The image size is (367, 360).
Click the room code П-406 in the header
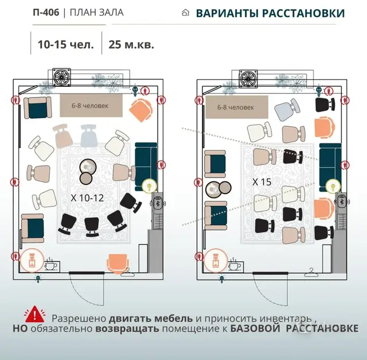46,13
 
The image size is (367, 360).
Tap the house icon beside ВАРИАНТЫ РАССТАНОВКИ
185,13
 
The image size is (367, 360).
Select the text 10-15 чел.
66,44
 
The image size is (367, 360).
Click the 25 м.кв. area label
131,44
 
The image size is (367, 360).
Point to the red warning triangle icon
34,314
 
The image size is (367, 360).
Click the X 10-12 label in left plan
87,198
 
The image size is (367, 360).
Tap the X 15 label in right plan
262,182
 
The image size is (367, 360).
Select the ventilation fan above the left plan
61,77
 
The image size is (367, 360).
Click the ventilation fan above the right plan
248,79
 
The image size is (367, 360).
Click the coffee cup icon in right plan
235,265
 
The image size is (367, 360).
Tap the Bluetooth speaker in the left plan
158,203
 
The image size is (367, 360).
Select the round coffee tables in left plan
87,171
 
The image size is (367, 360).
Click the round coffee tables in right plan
218,188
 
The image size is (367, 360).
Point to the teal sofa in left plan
146,167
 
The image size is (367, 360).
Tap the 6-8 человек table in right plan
237,107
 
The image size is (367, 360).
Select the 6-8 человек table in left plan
91,106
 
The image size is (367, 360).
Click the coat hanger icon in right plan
311,273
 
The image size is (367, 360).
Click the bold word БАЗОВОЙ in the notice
255,328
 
